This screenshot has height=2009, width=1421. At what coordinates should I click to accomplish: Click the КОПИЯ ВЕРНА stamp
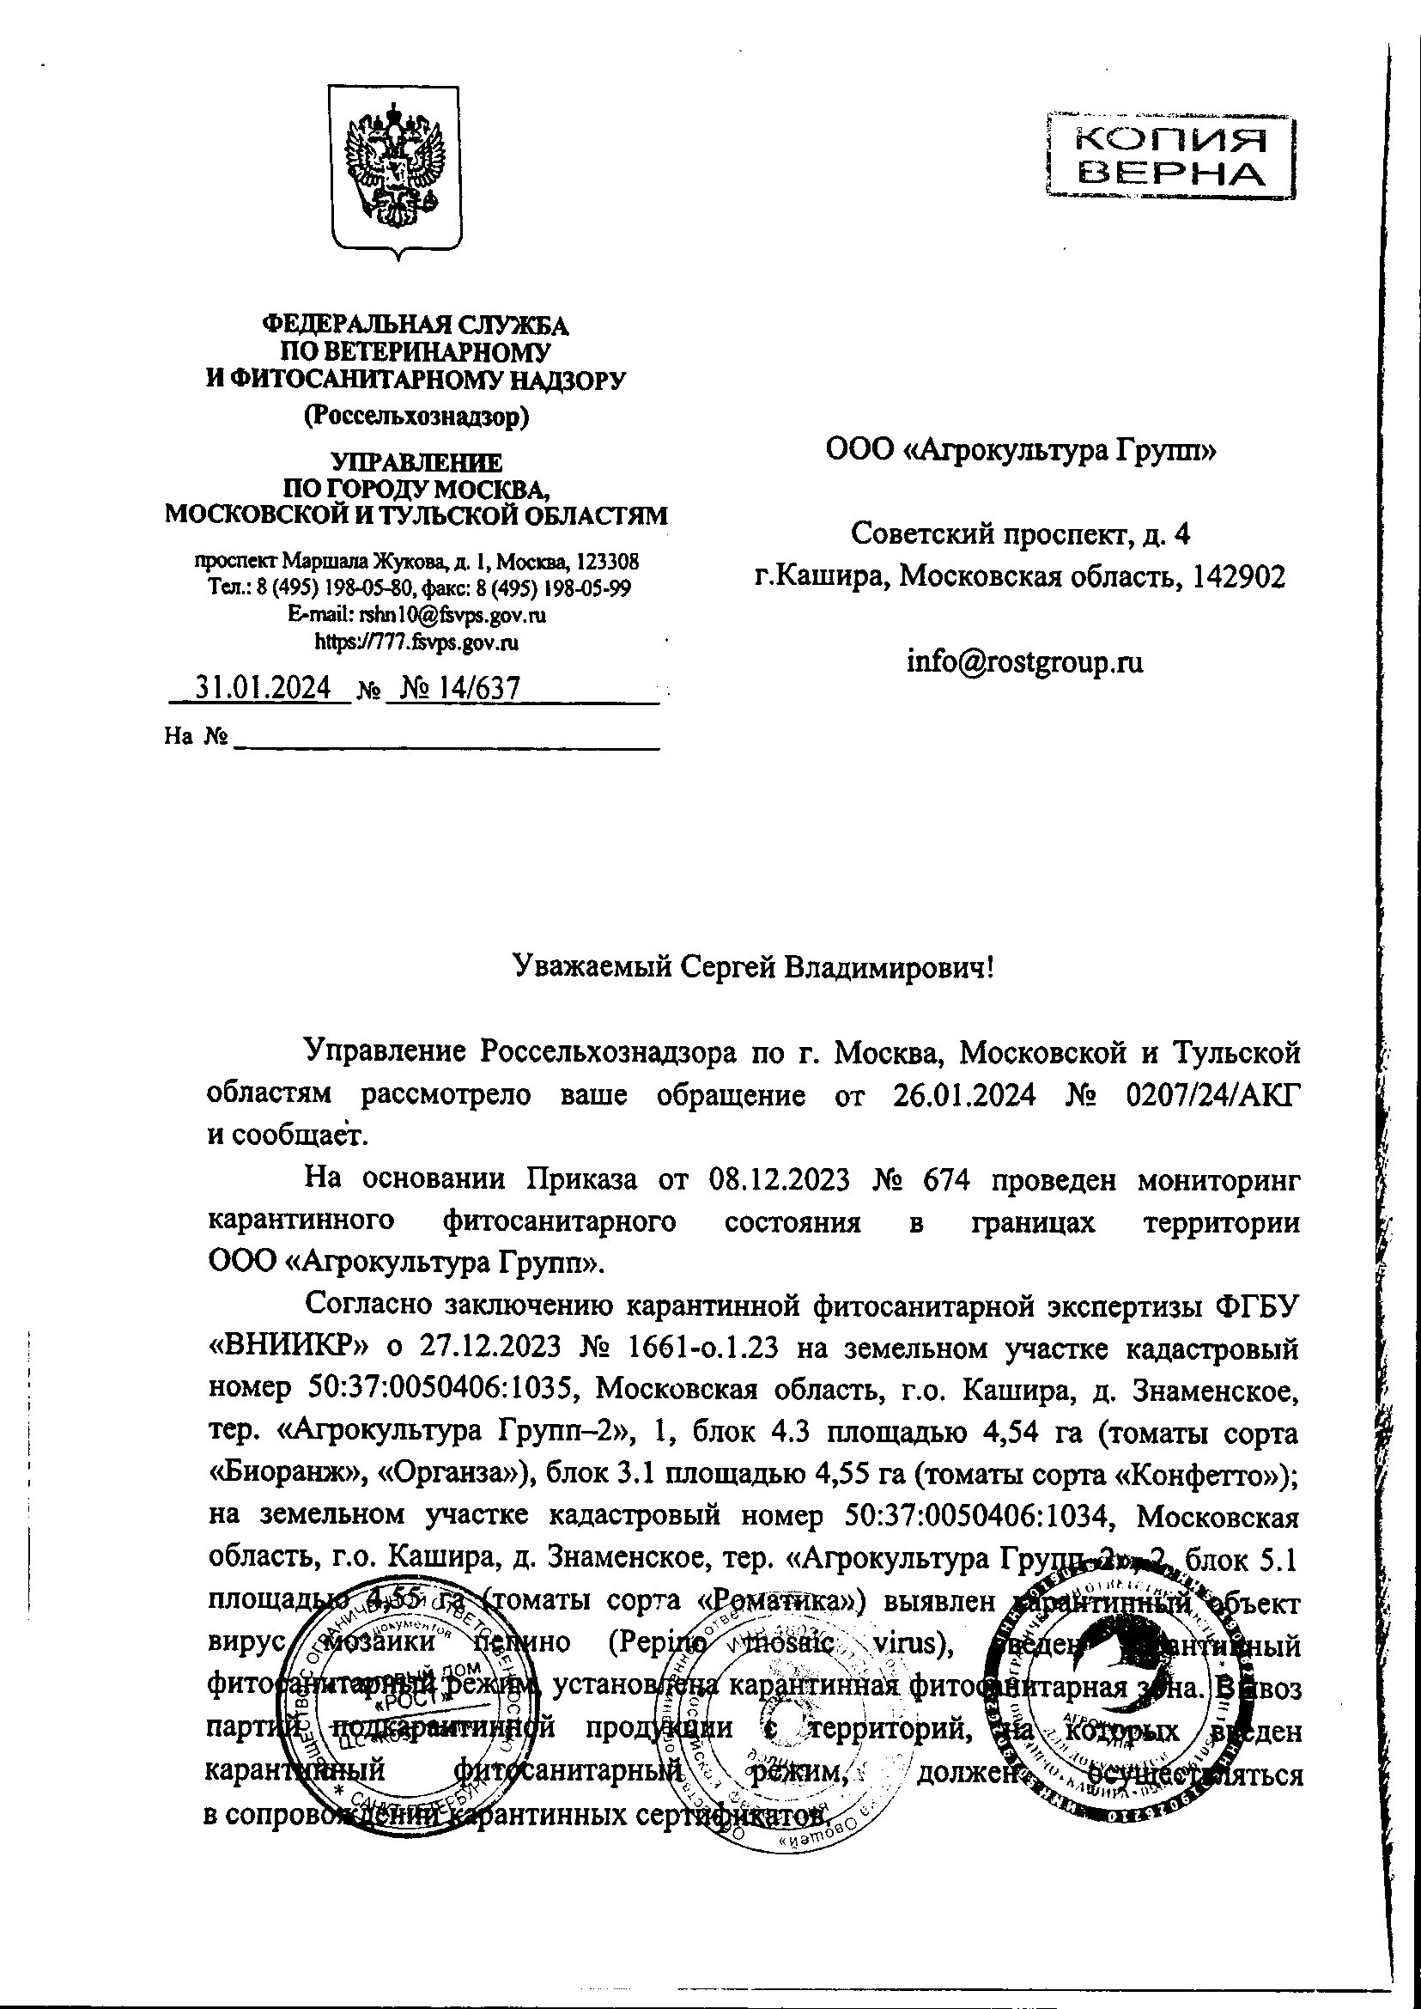click(x=1171, y=157)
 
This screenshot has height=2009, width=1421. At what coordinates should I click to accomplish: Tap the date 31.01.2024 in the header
click(x=262, y=688)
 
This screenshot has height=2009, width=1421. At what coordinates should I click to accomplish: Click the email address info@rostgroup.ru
click(x=1023, y=661)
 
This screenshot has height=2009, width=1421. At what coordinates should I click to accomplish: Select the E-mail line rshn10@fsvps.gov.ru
click(x=416, y=614)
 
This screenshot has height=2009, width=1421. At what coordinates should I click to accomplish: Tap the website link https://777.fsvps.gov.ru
click(x=416, y=642)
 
